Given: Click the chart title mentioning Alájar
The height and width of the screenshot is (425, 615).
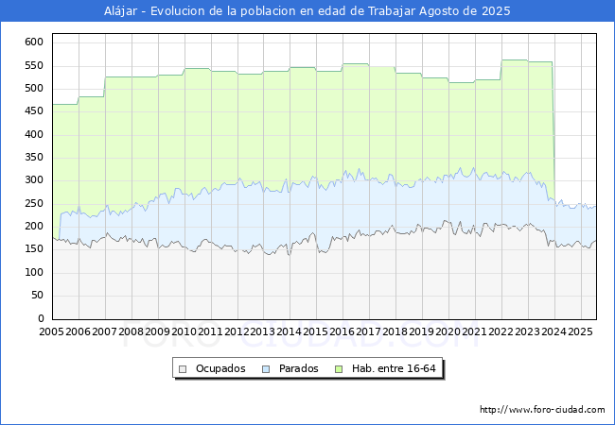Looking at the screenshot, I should coord(307,11).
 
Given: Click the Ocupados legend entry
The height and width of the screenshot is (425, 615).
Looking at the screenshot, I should coord(220,368).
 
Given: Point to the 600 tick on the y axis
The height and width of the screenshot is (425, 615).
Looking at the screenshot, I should coord(34,42).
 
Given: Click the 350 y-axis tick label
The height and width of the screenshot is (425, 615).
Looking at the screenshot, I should coord(34,158).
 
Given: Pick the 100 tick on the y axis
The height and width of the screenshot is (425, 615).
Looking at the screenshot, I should coord(34,273).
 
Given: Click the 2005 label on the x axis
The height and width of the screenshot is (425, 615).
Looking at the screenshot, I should coord(52,332).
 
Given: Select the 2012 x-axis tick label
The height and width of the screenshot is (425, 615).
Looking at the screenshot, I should coord(237,332).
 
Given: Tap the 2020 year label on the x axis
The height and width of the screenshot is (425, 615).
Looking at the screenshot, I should coord(448,332).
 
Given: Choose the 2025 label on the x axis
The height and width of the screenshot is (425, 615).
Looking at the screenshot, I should coord(580,332).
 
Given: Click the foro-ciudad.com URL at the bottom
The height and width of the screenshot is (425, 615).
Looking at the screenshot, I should coord(542,410).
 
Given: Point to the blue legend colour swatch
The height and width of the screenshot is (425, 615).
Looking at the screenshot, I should coord(266,368).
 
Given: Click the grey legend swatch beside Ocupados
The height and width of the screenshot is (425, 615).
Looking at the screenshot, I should coord(184,368).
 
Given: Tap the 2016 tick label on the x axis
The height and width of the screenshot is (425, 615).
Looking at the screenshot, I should coord(343,332).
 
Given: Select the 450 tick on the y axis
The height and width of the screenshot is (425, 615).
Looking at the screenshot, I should coord(34,111).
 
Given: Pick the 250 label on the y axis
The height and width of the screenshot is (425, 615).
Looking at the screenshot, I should coord(34,204).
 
